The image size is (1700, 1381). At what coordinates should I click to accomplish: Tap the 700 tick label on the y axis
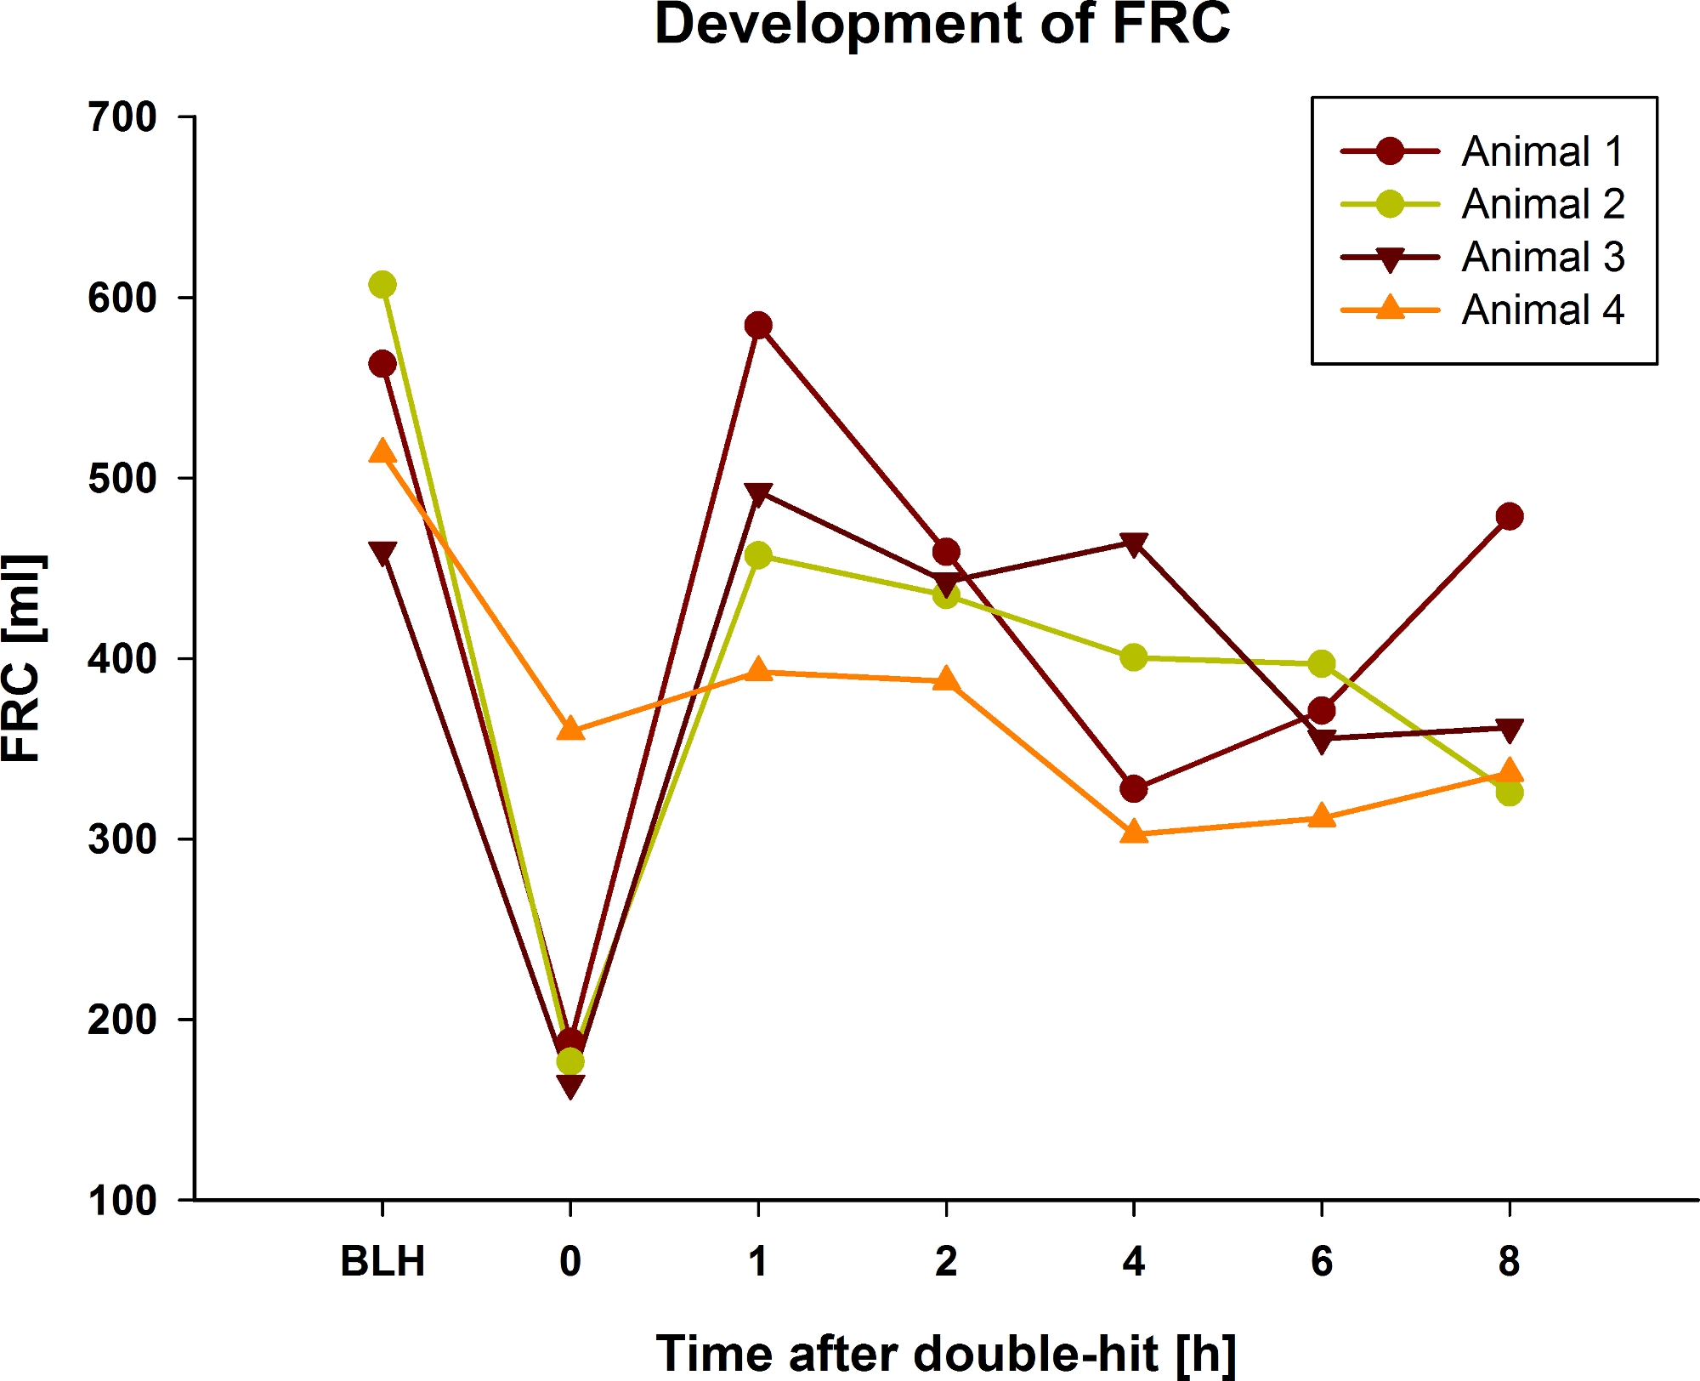point(123,117)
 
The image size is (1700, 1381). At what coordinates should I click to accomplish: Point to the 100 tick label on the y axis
point(123,1201)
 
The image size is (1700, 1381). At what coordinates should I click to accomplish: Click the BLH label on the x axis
point(382,1261)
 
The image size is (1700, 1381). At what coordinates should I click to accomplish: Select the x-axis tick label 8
point(1509,1261)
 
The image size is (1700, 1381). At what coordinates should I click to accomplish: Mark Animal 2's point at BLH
point(382,285)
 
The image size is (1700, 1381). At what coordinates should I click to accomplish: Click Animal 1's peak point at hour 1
point(758,326)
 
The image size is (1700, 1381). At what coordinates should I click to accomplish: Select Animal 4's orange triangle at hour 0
point(570,729)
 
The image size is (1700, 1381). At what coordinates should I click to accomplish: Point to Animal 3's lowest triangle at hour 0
point(570,1086)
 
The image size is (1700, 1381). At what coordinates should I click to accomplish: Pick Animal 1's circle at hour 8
point(1509,516)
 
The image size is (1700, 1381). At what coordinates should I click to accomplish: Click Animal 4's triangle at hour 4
point(1134,832)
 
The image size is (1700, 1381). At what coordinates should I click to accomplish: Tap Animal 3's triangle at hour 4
point(1134,544)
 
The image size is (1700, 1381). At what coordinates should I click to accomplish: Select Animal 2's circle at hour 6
point(1321,663)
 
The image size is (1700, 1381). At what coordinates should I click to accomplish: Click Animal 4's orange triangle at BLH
point(382,451)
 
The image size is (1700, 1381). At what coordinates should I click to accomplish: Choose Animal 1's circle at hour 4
point(1134,789)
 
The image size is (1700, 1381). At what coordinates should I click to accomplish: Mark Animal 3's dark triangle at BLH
point(382,554)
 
